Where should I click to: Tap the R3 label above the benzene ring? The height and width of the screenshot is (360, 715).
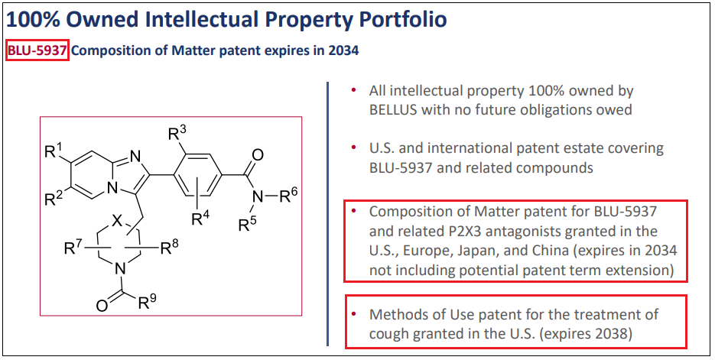177,134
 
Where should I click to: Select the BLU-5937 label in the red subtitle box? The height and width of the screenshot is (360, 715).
37,51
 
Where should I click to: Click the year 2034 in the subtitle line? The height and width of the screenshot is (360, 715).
343,51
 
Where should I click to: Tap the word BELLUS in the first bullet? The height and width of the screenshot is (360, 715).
397,109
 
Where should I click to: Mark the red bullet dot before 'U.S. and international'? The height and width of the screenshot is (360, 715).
353,147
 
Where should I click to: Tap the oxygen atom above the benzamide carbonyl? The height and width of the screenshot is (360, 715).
258,155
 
